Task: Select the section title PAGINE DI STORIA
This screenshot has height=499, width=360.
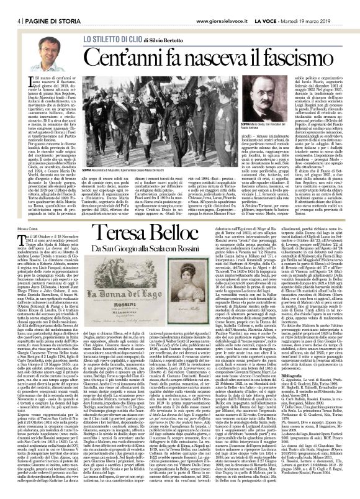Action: [34, 5]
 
